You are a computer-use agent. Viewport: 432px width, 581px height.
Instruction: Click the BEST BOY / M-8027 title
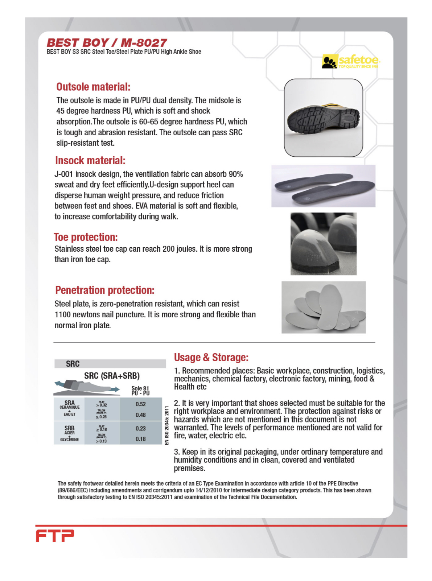coord(107,43)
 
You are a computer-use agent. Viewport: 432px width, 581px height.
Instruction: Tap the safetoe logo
coord(350,61)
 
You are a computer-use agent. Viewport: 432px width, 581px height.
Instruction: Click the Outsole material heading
coord(93,87)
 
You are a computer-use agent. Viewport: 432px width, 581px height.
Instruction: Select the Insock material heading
coord(90,161)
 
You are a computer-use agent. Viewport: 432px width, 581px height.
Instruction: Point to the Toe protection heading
coord(86,237)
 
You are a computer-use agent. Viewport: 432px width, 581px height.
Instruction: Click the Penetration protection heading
coord(104,290)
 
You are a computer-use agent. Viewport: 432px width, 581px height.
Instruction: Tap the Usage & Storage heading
coord(211,358)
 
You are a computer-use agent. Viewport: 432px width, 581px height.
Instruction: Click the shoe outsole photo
coord(323,118)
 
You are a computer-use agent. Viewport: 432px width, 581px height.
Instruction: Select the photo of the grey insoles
coord(323,186)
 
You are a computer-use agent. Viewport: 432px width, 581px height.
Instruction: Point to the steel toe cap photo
coord(323,244)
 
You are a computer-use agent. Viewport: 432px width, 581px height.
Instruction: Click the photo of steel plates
coord(323,307)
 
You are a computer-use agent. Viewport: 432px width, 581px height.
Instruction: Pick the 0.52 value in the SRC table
coord(141,404)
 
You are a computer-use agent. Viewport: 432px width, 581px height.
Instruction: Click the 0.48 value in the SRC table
coord(141,415)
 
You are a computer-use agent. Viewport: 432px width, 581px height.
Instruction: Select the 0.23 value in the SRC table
coord(141,428)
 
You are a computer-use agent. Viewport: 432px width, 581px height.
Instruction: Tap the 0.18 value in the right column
coord(141,439)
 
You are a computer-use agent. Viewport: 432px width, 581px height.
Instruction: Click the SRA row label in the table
coord(69,403)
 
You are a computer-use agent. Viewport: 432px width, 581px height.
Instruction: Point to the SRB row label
coord(69,428)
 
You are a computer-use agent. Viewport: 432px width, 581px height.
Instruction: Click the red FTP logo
coord(55,536)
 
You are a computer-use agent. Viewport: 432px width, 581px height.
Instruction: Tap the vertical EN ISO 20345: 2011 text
coord(167,425)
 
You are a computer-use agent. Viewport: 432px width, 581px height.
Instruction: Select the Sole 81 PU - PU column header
coord(140,391)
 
